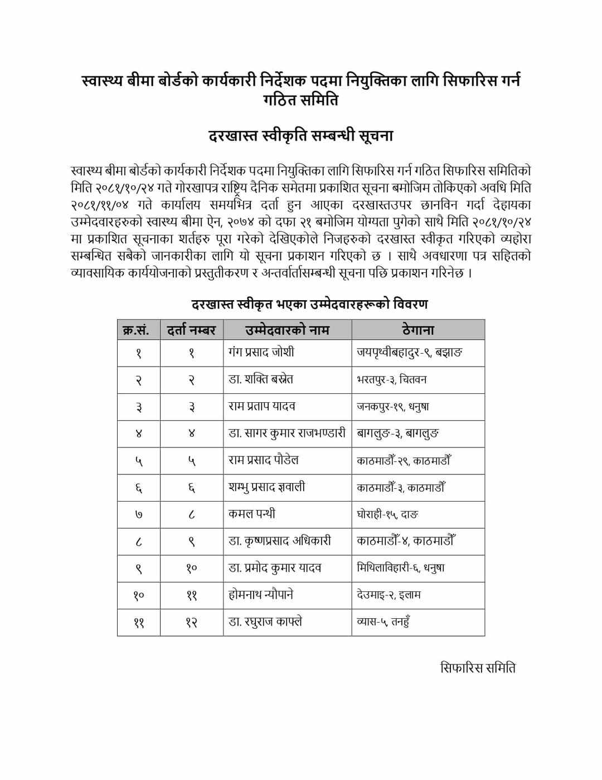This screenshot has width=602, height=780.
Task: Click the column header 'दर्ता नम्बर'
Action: coord(192,330)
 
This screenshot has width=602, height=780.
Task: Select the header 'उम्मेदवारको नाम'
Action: coord(287,330)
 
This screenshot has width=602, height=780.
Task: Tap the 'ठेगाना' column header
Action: coord(417,330)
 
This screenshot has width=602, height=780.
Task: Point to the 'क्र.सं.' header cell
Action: coord(138,330)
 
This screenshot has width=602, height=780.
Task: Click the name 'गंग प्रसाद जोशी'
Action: coord(261,352)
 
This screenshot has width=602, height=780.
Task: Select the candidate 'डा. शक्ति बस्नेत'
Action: coord(261,379)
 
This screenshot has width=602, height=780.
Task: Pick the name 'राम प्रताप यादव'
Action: coord(262,406)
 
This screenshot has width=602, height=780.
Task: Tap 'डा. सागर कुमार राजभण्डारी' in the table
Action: coord(287,433)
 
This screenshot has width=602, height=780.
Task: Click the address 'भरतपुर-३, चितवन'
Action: coord(392,379)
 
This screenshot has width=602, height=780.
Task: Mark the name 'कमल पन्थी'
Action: coord(252,514)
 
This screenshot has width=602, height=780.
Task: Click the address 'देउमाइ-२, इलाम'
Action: coord(389,595)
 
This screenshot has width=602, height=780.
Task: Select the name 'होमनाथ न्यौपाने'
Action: coord(261,595)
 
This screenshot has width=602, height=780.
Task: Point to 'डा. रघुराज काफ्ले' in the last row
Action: coord(265,622)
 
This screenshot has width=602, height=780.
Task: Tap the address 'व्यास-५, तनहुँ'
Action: coord(384,622)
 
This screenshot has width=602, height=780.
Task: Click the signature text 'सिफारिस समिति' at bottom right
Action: coord(478,667)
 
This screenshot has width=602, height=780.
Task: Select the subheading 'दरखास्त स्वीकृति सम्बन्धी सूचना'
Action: coord(300,136)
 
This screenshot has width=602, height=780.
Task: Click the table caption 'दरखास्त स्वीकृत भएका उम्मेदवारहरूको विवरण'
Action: coord(309,304)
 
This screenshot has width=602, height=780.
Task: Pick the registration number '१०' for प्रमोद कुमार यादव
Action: coord(192,568)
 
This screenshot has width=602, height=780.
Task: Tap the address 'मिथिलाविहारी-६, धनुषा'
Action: coord(401,568)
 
